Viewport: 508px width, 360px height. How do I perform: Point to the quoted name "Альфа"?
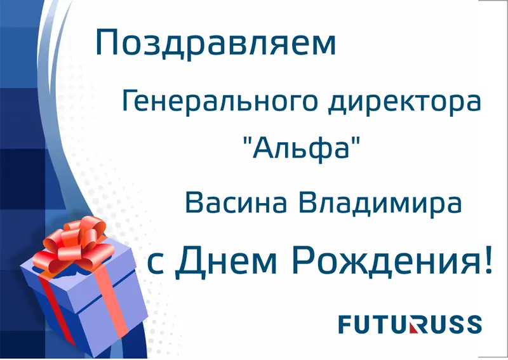tap(297, 150)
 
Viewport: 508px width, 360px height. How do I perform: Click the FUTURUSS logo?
tap(410, 324)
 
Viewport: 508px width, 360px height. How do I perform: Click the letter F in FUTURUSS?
tap(345, 324)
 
